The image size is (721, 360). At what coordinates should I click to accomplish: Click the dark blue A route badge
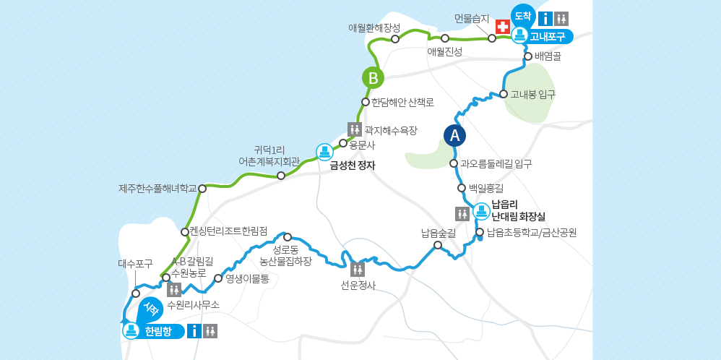454,135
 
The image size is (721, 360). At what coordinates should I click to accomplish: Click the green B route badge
373,78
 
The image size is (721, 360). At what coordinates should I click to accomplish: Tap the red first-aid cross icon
503,26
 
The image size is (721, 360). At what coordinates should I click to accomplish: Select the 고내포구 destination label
547,36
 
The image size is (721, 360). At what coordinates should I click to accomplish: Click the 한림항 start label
158,332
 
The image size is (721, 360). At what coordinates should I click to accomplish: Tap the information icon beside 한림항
194,331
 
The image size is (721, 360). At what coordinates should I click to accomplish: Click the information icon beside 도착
546,19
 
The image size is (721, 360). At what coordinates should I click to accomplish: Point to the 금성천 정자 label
353,165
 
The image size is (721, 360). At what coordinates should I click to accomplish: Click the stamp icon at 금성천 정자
325,152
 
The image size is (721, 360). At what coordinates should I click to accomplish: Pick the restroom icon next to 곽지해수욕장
355,129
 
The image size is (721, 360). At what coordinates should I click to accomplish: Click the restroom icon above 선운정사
358,270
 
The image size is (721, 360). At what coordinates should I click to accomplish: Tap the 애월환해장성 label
374,27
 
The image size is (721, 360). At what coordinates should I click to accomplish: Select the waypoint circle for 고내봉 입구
504,94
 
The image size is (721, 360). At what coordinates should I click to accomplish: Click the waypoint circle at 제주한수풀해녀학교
202,189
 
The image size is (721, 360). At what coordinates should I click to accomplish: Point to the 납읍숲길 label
438,233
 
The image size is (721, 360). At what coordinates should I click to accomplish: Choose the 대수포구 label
135,264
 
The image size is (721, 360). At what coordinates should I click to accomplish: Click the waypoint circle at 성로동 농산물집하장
288,237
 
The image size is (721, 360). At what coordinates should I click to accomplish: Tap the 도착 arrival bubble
522,15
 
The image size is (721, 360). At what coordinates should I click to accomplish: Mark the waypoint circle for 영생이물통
218,278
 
